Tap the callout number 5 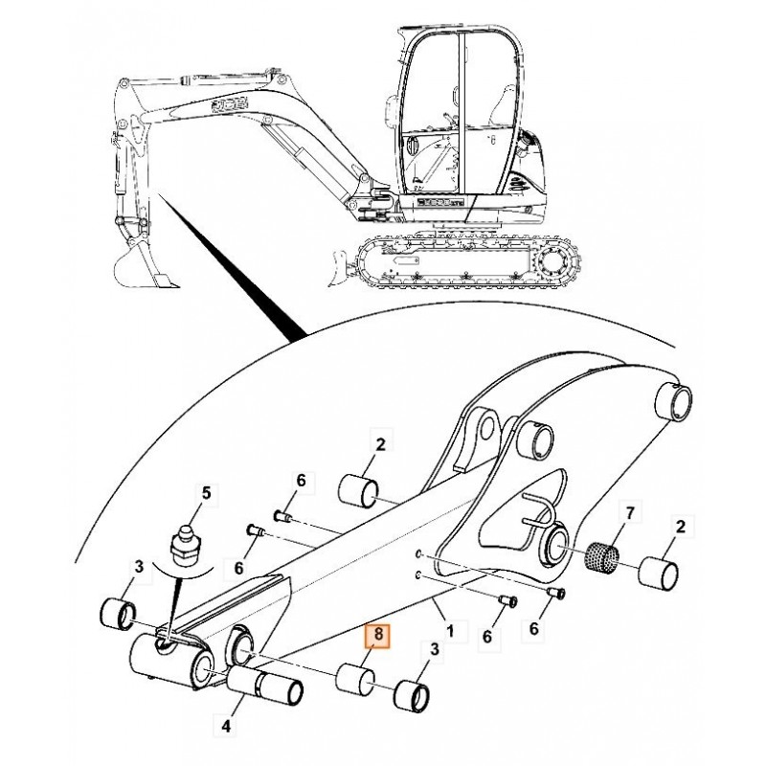203,493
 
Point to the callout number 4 227,727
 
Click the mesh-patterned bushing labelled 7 599,555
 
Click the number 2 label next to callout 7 681,527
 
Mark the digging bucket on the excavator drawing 142,269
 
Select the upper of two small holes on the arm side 418,554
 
